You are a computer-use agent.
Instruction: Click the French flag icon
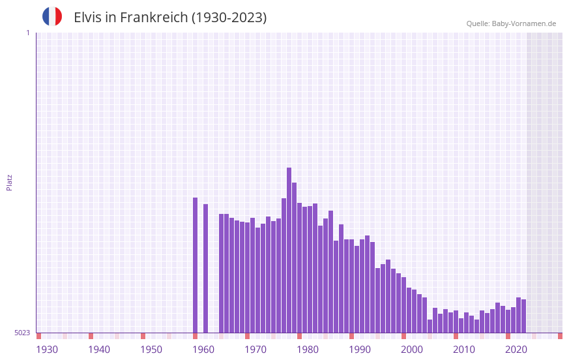[52, 16]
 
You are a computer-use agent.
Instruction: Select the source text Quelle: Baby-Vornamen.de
[511, 23]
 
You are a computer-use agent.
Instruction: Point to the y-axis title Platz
[9, 182]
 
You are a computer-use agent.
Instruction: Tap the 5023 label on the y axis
[22, 333]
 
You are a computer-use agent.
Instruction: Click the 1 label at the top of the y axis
[27, 33]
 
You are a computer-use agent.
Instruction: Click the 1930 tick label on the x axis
[47, 350]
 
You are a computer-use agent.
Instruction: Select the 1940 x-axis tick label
[99, 350]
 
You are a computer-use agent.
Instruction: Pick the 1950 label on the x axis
[151, 350]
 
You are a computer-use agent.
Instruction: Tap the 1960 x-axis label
[203, 350]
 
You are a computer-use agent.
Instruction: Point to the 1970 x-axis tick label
[255, 350]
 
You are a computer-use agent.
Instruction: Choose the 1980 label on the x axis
[308, 350]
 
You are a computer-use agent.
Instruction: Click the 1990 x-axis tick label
[360, 350]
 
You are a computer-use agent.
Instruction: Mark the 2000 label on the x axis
[412, 350]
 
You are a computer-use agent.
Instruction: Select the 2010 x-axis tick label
[464, 350]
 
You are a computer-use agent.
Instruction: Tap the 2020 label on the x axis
[516, 350]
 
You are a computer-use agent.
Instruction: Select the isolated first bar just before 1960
[195, 264]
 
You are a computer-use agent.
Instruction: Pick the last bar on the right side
[523, 316]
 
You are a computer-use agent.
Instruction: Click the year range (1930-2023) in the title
[228, 18]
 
